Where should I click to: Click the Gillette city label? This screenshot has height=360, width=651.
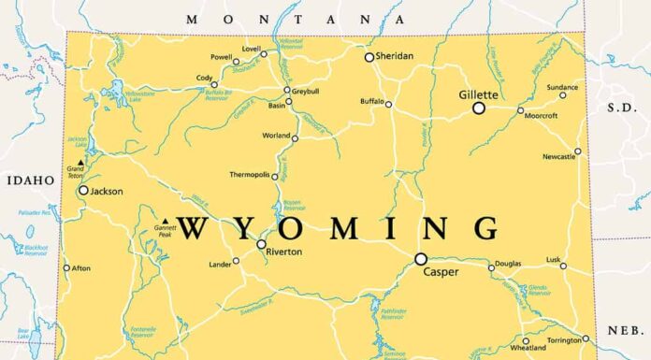(478, 94)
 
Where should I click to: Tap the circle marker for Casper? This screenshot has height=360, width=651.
(421, 259)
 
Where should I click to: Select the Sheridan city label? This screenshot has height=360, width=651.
(393, 56)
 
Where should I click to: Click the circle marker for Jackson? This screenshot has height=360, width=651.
(83, 190)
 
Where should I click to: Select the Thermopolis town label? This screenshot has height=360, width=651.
(250, 175)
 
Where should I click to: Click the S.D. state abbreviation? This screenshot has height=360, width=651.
(622, 108)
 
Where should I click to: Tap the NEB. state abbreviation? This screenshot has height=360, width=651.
(623, 330)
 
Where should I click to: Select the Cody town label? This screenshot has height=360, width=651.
(204, 78)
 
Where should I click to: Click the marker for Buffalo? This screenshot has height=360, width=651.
(389, 104)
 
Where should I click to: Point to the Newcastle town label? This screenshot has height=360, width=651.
(559, 157)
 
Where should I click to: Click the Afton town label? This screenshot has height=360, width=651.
(81, 268)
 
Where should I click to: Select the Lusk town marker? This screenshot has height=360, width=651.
(563, 266)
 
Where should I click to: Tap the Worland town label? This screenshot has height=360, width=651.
(276, 136)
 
